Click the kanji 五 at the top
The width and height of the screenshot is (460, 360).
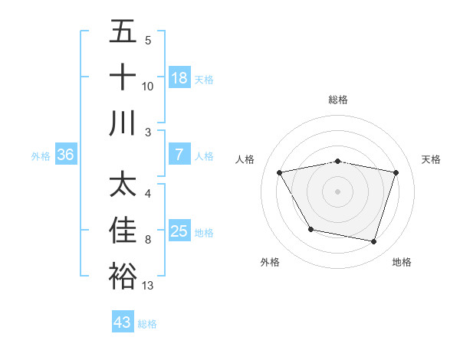[x=123, y=32]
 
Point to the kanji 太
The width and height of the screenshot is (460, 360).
[x=123, y=185]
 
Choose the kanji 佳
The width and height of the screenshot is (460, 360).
[x=123, y=231]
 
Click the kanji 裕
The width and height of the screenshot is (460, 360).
[x=123, y=276]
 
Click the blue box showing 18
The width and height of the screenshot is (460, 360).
[x=179, y=78]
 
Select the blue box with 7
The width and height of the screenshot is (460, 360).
[x=179, y=155]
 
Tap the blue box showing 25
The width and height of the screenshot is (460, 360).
[x=179, y=231]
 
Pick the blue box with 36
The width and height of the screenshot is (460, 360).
[x=66, y=155]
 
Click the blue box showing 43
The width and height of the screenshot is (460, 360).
[x=123, y=322]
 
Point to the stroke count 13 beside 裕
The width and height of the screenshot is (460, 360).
[x=148, y=286]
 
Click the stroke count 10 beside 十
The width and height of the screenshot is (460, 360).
[x=148, y=87]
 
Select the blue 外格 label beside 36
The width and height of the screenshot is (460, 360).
[x=41, y=155]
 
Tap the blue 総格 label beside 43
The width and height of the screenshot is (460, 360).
[x=147, y=323]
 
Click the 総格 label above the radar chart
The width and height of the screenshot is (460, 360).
[x=338, y=100]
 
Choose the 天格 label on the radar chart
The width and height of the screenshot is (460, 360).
[x=432, y=159]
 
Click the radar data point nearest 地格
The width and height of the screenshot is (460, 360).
[x=373, y=242]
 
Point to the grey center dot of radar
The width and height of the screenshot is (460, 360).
[x=338, y=191]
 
